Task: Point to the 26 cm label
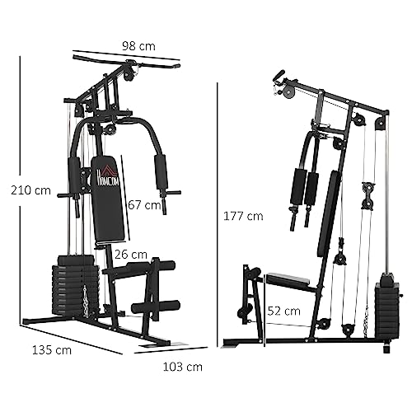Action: [131, 254]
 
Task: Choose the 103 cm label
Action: [181, 366]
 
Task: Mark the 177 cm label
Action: [243, 216]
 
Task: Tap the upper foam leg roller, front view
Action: [154, 267]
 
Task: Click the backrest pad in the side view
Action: [329, 211]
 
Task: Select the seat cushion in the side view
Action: [290, 280]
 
